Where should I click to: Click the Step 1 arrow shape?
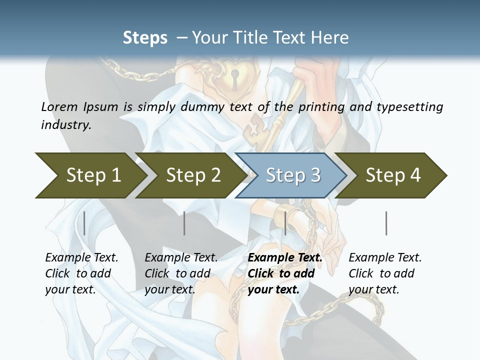90,175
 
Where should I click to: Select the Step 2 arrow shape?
190,175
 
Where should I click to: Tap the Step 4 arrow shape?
392,175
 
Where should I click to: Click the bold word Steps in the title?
145,38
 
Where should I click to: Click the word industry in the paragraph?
66,125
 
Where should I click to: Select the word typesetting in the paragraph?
412,107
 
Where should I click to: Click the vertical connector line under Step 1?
84,223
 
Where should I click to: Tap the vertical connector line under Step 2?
184,223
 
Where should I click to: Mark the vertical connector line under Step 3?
285,223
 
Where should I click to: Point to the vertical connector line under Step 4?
386,223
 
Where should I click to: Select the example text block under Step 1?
81,273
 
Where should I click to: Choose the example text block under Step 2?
180,273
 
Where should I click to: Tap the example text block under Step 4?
384,273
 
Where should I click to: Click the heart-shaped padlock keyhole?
233,75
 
